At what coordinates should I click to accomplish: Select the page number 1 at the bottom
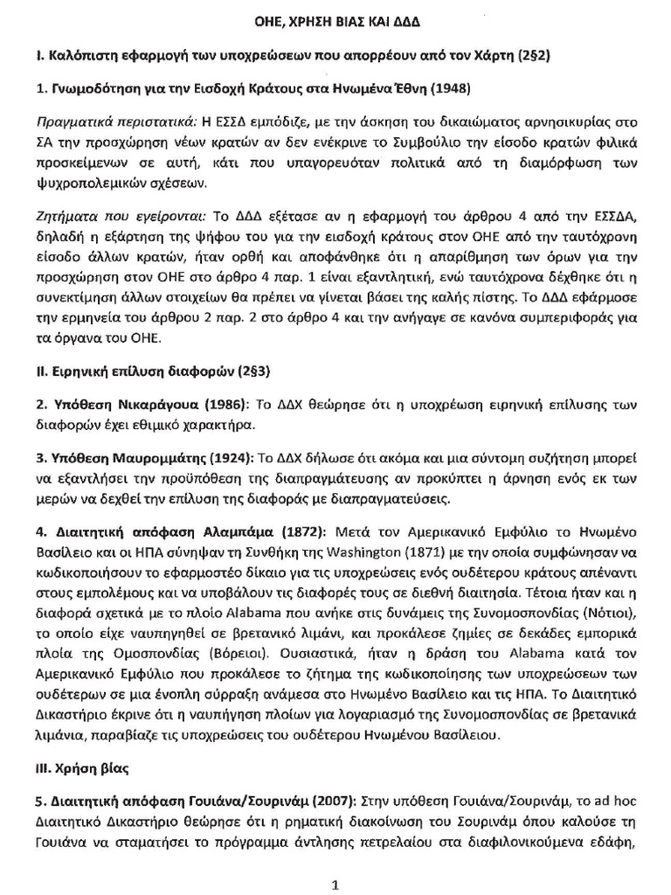pos(335,885)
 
